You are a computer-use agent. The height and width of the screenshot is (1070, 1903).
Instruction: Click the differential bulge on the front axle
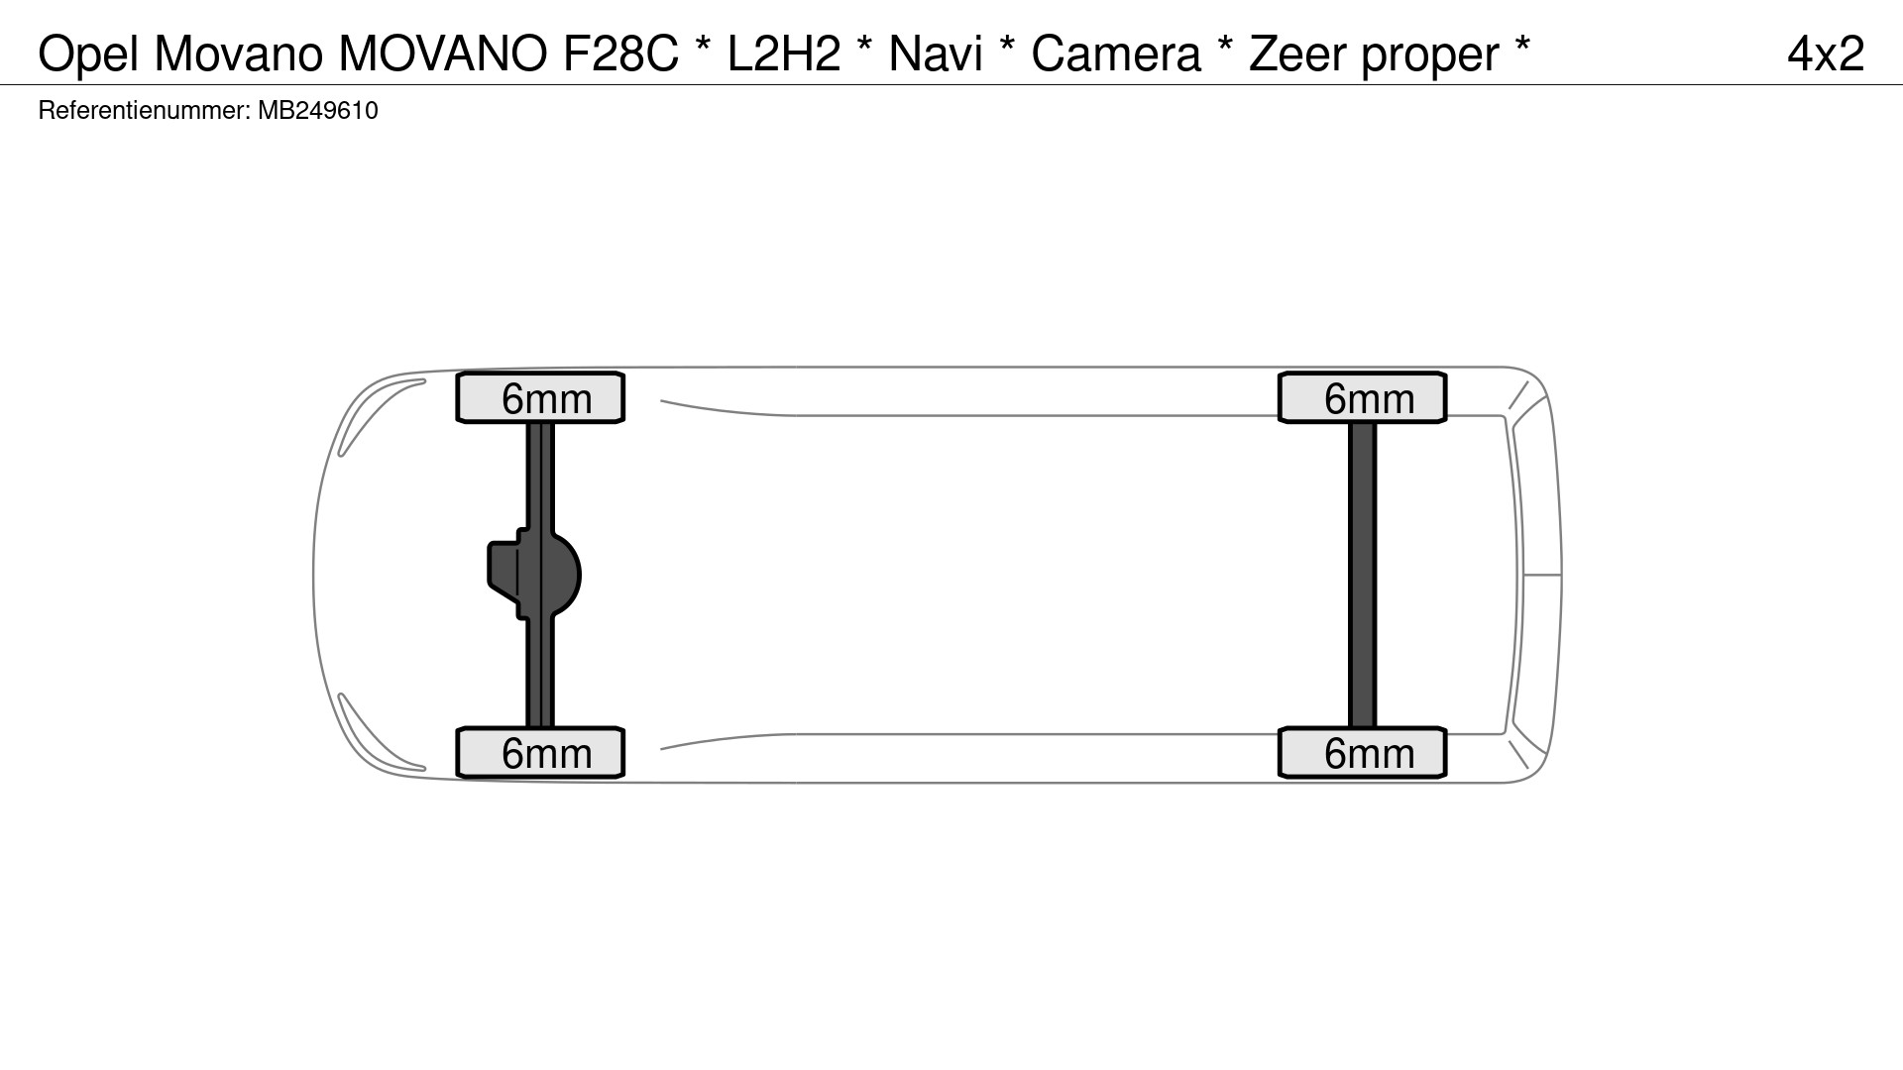pyautogui.click(x=561, y=576)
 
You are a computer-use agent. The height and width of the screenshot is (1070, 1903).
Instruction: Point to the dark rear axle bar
pyautogui.click(x=1363, y=575)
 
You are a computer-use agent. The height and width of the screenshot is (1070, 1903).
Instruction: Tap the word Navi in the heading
pyautogui.click(x=935, y=53)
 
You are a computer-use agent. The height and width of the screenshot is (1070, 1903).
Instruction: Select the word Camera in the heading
pyautogui.click(x=1115, y=53)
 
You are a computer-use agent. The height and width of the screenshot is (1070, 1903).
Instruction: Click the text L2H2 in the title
pyautogui.click(x=783, y=53)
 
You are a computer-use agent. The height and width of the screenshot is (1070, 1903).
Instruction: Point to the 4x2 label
pyautogui.click(x=1826, y=53)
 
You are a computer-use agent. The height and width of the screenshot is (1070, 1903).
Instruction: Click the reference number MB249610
pyautogui.click(x=317, y=110)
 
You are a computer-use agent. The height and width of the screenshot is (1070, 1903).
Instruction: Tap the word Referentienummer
pyautogui.click(x=143, y=110)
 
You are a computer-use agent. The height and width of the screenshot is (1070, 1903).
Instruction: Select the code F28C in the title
pyautogui.click(x=620, y=53)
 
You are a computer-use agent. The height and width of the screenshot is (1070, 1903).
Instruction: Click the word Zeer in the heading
pyautogui.click(x=1298, y=53)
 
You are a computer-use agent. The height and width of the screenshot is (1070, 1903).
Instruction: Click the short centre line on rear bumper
pyautogui.click(x=1541, y=574)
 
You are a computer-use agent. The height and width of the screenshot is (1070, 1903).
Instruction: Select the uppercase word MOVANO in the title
pyautogui.click(x=443, y=53)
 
